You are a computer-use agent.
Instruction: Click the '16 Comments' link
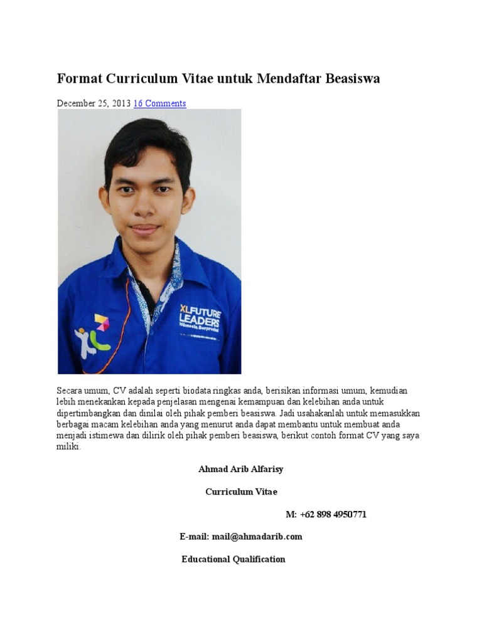[x=159, y=103]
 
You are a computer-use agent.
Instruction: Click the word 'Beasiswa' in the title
[x=353, y=79]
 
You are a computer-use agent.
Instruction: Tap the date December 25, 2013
[x=94, y=103]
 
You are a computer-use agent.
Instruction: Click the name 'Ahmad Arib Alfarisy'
[x=241, y=469]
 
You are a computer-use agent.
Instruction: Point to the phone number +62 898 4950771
[x=333, y=514]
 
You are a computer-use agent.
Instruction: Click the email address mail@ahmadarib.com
[x=257, y=537]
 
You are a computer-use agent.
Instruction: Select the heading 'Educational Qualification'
[x=233, y=559]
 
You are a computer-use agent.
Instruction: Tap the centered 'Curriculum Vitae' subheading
[x=241, y=492]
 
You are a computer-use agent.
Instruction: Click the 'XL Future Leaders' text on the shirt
[x=199, y=317]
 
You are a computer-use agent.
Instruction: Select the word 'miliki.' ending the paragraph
[x=69, y=447]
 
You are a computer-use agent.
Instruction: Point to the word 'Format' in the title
[x=78, y=79]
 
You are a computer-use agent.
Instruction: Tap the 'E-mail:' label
[x=195, y=537]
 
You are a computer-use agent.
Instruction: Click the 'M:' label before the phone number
[x=291, y=514]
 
